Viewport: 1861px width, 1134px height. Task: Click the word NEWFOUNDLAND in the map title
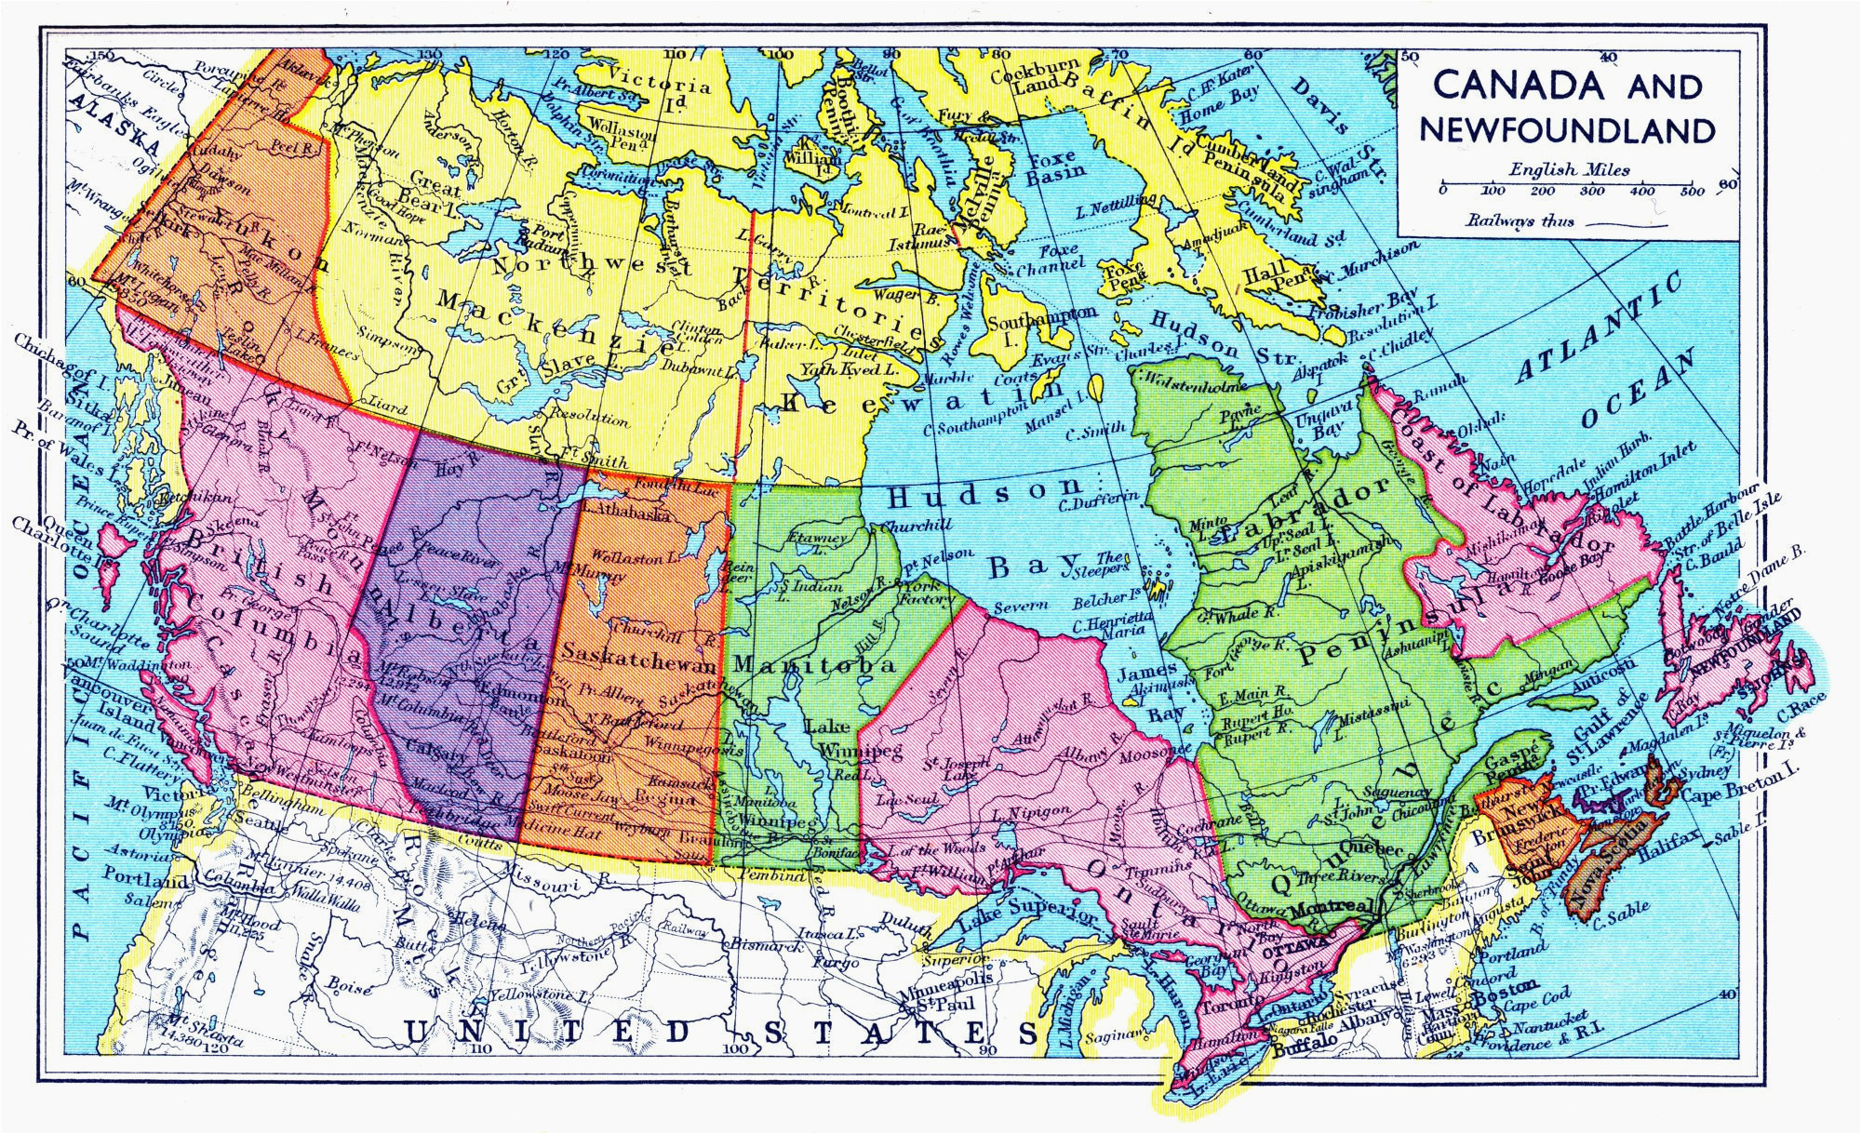pos(1567,129)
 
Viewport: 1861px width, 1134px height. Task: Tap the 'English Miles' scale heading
pos(1569,170)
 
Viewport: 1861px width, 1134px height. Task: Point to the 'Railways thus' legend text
pos(1520,221)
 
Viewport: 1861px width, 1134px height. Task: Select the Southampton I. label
pos(1040,321)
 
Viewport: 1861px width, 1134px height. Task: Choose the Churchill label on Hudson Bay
pos(917,526)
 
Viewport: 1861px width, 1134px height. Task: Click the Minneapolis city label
pos(947,984)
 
